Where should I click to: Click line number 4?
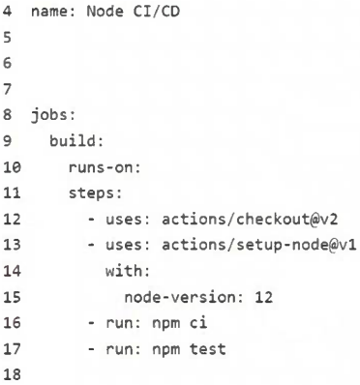tap(7, 12)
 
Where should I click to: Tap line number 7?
tap(7, 89)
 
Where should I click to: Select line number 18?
tap(12, 374)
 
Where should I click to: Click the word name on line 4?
tap(49, 12)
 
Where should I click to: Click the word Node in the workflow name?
tap(105, 12)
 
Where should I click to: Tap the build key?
tap(73, 141)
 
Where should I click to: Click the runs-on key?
tap(102, 167)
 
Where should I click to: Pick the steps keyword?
tap(92, 193)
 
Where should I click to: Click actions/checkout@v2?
tap(250, 220)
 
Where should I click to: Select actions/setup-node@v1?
tap(258, 245)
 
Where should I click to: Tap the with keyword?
tap(124, 271)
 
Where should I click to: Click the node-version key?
tap(180, 297)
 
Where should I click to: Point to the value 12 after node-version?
tap(263, 297)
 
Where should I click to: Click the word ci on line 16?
tap(198, 323)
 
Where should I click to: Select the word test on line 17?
tap(207, 349)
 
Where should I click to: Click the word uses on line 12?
tap(124, 220)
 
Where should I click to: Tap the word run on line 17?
tap(120, 349)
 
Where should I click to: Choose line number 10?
tap(12, 167)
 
